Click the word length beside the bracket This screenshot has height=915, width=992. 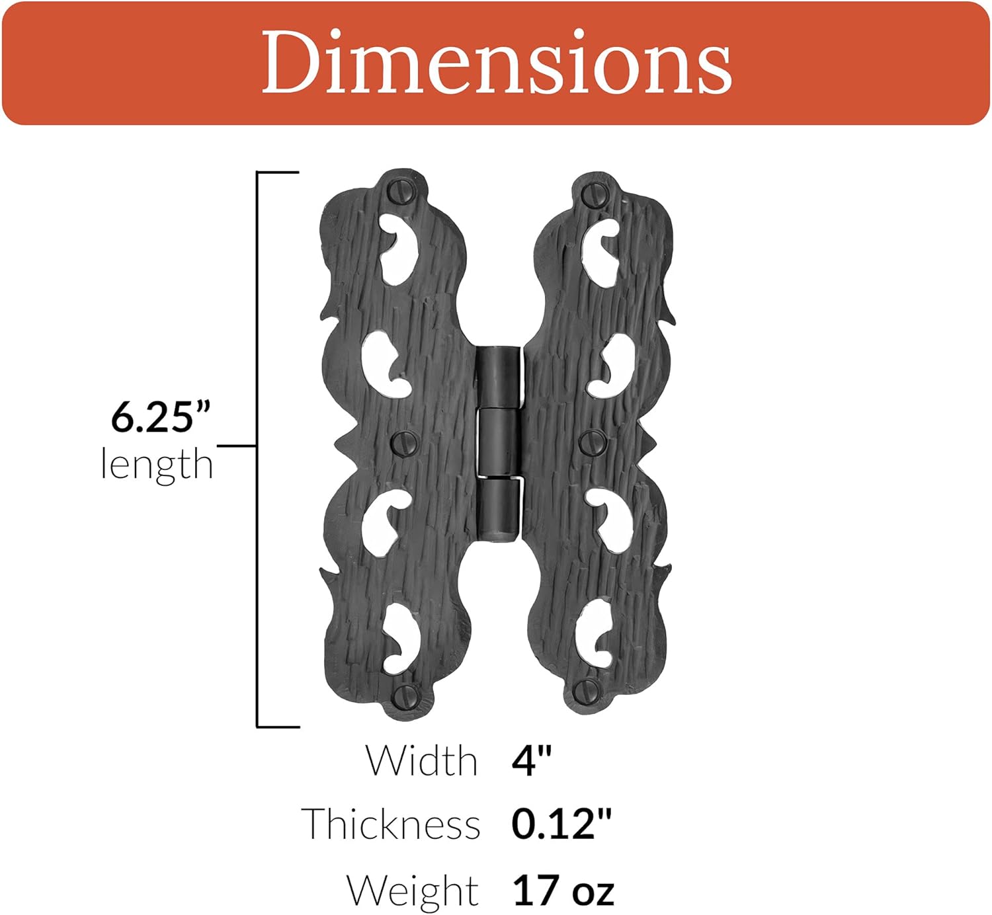coord(157,464)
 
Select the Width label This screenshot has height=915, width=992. coord(422,761)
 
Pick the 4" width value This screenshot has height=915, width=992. coord(531,761)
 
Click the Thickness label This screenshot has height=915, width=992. coord(391,824)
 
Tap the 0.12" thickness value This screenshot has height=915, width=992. coord(561,824)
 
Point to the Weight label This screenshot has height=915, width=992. coord(413,890)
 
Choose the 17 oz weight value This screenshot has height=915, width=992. coord(563,890)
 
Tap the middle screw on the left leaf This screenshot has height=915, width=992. coord(403,442)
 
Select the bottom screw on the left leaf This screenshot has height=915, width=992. coord(405,696)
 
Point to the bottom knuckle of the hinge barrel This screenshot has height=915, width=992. coord(499,508)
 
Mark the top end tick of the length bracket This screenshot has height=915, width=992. coord(278,173)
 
